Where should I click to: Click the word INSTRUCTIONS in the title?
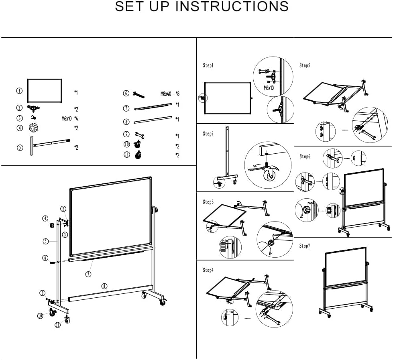click(x=232, y=7)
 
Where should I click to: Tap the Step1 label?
click(x=208, y=65)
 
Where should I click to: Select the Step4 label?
click(x=208, y=270)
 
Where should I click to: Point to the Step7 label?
click(x=305, y=246)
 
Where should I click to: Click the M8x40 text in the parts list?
click(x=166, y=94)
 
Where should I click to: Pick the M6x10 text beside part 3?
click(x=67, y=118)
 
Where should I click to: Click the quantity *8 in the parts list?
click(x=177, y=94)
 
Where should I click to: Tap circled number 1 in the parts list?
click(x=19, y=91)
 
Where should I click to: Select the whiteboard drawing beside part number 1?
click(x=44, y=90)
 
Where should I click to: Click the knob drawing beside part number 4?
click(x=33, y=128)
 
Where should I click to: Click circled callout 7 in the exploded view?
click(x=88, y=274)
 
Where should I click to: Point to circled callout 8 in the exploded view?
click(x=104, y=286)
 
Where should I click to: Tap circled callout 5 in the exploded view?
click(x=46, y=241)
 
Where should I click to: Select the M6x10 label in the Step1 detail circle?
click(x=269, y=88)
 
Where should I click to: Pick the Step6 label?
click(x=305, y=157)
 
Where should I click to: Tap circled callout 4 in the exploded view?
click(x=45, y=218)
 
